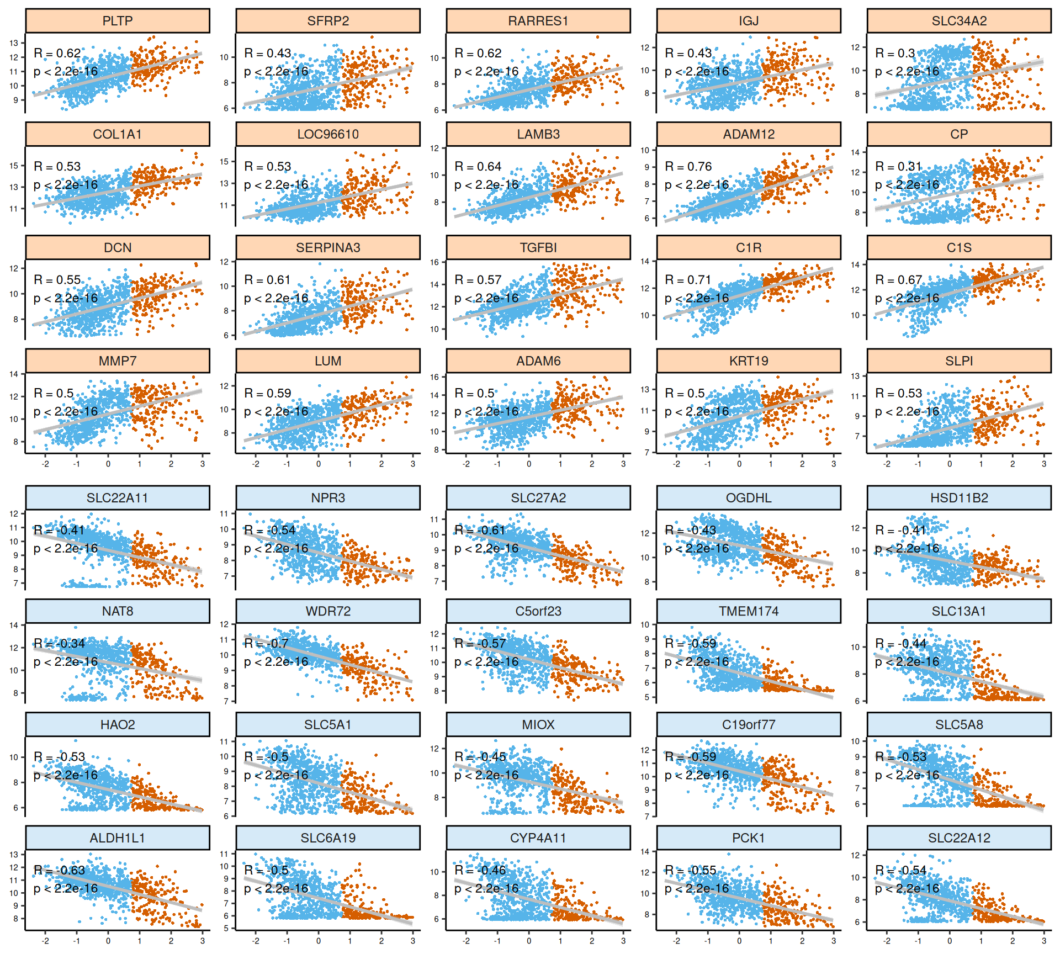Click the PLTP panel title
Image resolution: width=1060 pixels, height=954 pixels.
click(118, 21)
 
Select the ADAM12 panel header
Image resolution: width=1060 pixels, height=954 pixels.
click(749, 134)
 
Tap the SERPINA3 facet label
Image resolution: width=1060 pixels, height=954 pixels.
click(328, 248)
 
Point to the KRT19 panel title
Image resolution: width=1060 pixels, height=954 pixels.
click(749, 361)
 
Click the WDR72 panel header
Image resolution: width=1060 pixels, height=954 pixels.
click(328, 611)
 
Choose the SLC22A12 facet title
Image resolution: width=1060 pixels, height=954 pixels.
click(959, 838)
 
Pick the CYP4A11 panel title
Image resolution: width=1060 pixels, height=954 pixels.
click(538, 838)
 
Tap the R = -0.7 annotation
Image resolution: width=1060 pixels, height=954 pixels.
click(266, 643)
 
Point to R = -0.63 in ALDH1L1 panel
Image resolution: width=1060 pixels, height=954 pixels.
click(60, 870)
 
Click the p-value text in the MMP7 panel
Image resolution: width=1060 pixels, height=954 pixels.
click(66, 412)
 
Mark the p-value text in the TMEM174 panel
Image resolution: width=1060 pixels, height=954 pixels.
click(697, 662)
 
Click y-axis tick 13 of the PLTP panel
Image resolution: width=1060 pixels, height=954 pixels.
click(14, 43)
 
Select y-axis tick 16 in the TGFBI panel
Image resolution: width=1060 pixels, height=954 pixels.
click(434, 262)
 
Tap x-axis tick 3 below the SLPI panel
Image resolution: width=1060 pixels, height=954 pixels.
click(1044, 464)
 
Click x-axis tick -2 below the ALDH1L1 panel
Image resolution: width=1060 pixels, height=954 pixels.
click(45, 941)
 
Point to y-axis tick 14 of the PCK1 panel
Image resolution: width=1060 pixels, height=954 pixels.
click(645, 852)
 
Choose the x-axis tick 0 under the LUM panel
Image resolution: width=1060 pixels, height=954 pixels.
click(319, 464)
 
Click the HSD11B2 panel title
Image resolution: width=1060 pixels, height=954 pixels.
click(959, 498)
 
